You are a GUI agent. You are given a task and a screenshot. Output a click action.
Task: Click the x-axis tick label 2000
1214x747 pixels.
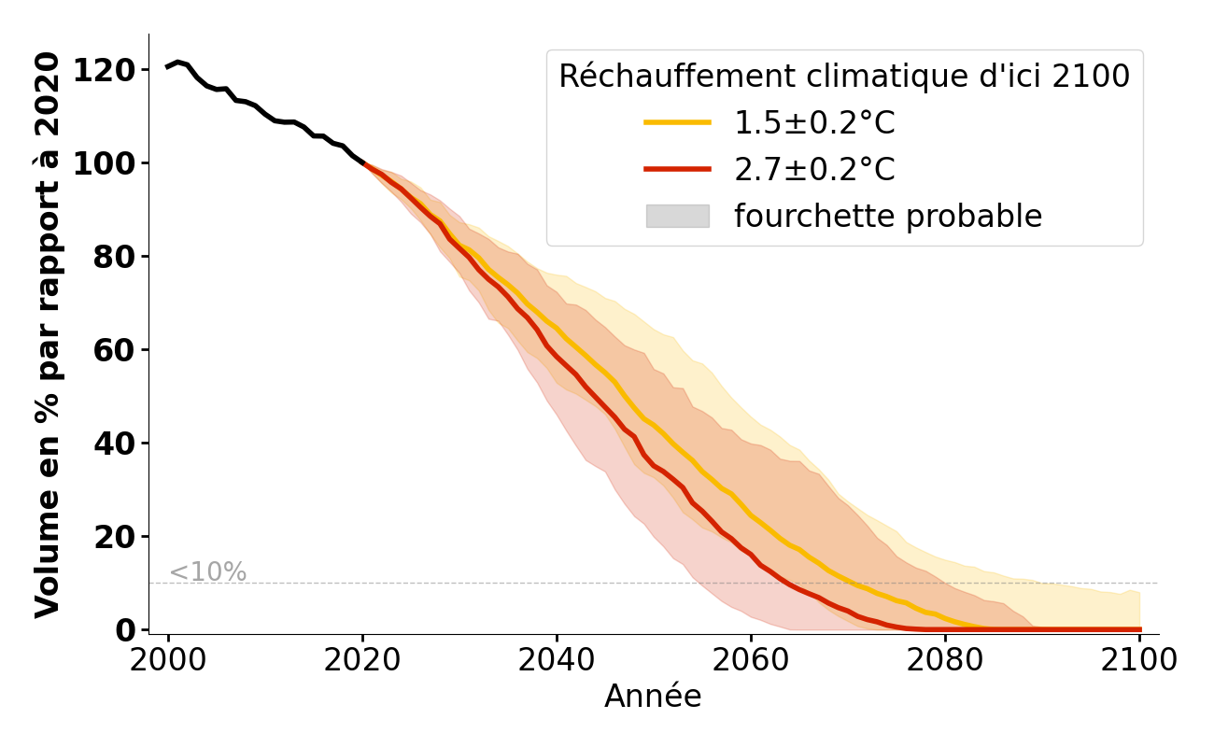tap(168, 660)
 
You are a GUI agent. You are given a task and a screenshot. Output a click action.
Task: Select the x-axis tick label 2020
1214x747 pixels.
tap(362, 660)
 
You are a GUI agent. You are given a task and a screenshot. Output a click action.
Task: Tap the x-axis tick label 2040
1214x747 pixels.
tap(557, 660)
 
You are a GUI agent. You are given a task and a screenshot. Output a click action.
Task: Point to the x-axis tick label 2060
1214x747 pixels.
tap(751, 660)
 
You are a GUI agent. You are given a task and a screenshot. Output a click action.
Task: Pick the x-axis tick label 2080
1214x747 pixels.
tap(945, 660)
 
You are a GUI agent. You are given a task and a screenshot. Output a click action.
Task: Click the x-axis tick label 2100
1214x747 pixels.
tap(1138, 660)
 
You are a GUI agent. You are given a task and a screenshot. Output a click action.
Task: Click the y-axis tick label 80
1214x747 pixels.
tap(115, 258)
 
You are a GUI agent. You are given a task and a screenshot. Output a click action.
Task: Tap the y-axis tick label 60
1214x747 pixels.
tap(115, 351)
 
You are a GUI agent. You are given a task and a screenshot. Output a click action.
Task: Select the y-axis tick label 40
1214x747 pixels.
tap(115, 444)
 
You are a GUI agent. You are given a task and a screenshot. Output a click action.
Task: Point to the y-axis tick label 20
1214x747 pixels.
tap(115, 537)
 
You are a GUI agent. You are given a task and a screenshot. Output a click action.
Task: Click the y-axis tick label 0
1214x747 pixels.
tap(125, 630)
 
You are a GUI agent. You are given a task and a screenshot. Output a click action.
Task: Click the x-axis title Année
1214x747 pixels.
tap(653, 697)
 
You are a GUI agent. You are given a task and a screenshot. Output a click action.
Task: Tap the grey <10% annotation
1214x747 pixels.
tap(207, 572)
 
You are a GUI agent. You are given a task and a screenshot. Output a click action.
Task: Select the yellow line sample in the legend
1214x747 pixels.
tap(677, 122)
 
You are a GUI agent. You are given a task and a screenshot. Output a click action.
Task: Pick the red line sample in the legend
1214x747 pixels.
tap(677, 169)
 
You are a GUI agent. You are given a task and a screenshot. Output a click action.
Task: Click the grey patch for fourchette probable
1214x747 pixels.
tap(677, 216)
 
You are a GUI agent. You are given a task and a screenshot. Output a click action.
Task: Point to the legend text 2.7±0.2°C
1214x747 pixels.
tap(814, 169)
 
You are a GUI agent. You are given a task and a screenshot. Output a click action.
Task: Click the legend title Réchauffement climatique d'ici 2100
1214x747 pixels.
tap(844, 77)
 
